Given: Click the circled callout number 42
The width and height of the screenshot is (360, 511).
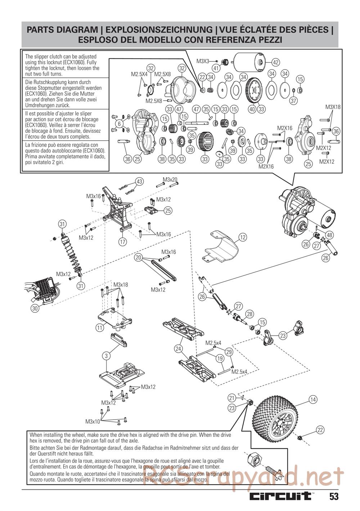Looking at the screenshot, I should [276, 62].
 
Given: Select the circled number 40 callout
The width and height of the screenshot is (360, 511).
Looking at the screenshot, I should [252, 109].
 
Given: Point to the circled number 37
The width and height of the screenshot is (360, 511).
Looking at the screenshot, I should [293, 100].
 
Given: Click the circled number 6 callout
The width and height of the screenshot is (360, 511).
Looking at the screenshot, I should [118, 124].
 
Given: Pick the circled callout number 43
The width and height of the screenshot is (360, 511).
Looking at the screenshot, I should [140, 181].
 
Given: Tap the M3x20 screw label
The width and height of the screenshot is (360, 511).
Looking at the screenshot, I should [170, 180].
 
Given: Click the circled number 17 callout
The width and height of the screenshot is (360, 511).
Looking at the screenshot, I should [123, 241].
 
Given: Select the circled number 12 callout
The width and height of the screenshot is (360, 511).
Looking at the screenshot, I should [242, 237].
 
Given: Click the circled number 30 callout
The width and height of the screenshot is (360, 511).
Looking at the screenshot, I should [35, 308].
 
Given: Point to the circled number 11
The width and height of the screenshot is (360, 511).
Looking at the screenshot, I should [99, 327].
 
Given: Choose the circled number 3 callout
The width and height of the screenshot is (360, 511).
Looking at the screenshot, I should [105, 356].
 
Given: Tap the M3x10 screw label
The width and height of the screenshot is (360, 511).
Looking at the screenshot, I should [93, 421].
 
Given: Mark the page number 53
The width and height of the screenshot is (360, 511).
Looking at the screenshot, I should [333, 497].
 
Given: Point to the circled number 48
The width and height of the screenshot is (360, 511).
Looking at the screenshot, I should [329, 235].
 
